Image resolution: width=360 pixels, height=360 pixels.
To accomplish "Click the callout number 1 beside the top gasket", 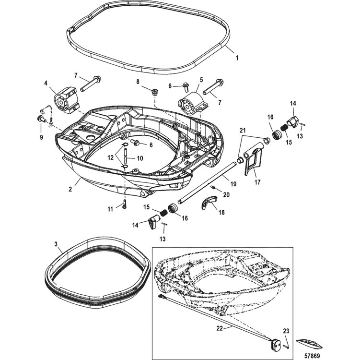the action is pos(237,58).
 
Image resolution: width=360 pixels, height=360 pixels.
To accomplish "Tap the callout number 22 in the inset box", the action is pos(220,328).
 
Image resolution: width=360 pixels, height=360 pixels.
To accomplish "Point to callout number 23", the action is pos(286,331).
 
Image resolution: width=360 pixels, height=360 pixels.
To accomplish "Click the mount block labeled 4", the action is pos(66,100).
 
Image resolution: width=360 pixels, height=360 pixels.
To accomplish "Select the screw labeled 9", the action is pos(41,119).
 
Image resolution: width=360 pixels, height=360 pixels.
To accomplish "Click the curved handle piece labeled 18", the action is pos(209,202).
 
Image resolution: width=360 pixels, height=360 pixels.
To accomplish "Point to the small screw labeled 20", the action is pos(213,188).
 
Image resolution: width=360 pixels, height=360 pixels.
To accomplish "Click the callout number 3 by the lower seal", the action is pos(56,244).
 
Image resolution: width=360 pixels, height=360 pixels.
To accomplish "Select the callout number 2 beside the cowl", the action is pos(70,189).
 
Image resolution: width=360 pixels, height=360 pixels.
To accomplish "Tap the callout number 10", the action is pos(140,158).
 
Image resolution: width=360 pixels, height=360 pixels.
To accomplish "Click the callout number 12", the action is pos(111,157).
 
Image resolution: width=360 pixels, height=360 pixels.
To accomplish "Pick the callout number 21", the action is pos(243,131).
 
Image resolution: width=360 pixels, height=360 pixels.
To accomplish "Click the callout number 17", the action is pos(258,182).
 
